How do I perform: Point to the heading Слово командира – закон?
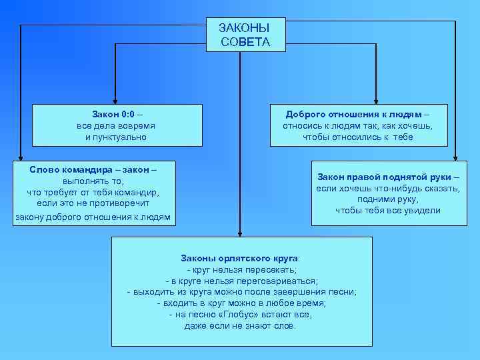tap(93, 169)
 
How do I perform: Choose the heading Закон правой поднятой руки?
tap(388, 177)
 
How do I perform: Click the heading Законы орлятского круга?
tap(240, 257)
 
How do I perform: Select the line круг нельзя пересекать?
tap(241, 269)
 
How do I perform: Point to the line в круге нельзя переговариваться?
tap(241, 280)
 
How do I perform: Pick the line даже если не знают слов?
tap(240, 326)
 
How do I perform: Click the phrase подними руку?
tap(387, 199)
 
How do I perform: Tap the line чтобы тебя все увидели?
tap(387, 211)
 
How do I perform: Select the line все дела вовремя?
tap(116, 125)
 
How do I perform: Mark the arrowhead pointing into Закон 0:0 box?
tap(115, 100)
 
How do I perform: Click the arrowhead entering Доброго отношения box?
tap(375, 100)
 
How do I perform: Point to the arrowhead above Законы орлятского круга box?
tap(238, 233)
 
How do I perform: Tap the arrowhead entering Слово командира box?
tap(21, 157)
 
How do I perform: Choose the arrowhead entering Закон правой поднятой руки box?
tap(455, 157)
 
